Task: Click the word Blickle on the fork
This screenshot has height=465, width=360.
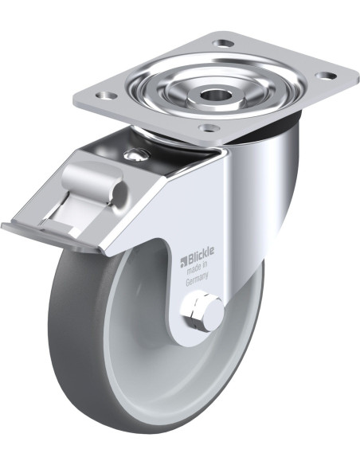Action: tap(200, 253)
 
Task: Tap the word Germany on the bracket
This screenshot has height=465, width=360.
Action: tap(197, 279)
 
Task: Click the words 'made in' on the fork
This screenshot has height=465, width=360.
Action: tap(197, 268)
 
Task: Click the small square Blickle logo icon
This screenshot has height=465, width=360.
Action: tap(183, 260)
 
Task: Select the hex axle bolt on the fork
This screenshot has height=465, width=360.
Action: tap(203, 313)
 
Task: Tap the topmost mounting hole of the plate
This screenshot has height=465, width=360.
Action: tap(225, 45)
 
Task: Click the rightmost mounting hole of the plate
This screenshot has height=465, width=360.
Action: tap(326, 76)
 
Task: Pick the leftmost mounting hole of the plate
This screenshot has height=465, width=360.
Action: tap(106, 96)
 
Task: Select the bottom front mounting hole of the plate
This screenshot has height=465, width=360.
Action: tap(209, 128)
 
